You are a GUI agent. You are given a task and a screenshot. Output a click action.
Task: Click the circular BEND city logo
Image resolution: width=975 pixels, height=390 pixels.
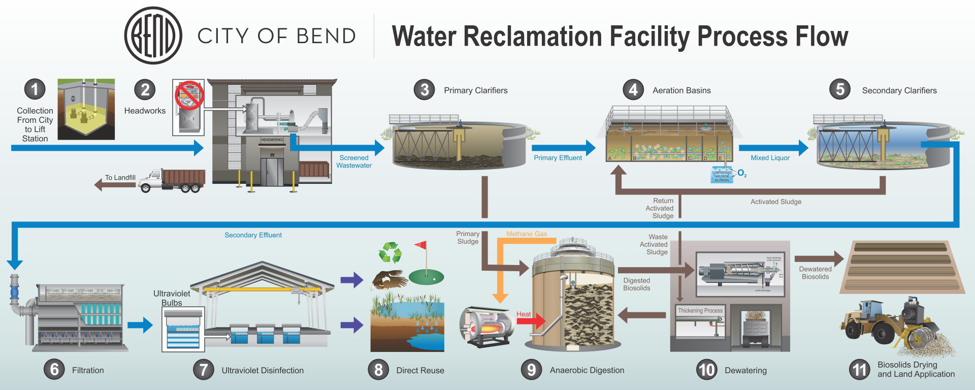[x=153, y=36]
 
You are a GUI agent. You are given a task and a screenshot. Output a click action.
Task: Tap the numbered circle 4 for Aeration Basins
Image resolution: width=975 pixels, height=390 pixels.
[x=633, y=90]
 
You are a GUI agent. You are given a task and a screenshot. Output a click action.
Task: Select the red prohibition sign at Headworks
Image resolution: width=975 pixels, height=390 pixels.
[x=189, y=95]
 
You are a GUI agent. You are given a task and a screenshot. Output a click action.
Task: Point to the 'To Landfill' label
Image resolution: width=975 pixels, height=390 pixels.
[x=120, y=177]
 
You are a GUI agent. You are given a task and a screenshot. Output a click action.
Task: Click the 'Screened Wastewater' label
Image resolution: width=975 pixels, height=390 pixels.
[x=354, y=161]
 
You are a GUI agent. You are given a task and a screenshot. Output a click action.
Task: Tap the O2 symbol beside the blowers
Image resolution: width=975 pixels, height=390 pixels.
[x=742, y=173]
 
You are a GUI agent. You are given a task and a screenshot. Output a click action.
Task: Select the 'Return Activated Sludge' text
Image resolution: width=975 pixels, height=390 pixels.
[x=660, y=208]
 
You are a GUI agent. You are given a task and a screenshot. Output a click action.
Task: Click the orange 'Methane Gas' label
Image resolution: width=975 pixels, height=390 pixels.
[x=527, y=234]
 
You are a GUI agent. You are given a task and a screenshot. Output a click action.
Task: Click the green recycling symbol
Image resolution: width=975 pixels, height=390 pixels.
[x=390, y=252]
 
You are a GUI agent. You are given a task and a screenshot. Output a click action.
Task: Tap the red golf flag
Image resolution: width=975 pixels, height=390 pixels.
[x=421, y=245]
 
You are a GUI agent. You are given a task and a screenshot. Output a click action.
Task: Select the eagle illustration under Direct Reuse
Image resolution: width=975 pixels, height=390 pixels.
[x=389, y=279]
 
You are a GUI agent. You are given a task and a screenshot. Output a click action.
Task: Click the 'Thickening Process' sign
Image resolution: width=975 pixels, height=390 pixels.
[x=700, y=310]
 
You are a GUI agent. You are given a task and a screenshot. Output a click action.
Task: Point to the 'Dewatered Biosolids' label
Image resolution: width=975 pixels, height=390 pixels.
[x=815, y=273]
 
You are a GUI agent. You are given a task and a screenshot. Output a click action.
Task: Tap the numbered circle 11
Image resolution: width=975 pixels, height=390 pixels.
[x=859, y=370]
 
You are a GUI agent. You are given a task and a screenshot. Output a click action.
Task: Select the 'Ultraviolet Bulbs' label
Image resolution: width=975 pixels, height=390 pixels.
[x=172, y=298]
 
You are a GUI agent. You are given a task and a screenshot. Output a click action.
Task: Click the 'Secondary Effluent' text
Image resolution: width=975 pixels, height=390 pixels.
[x=253, y=235]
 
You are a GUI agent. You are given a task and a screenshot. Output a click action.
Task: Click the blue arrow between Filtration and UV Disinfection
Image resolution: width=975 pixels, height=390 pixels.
[x=140, y=325]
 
